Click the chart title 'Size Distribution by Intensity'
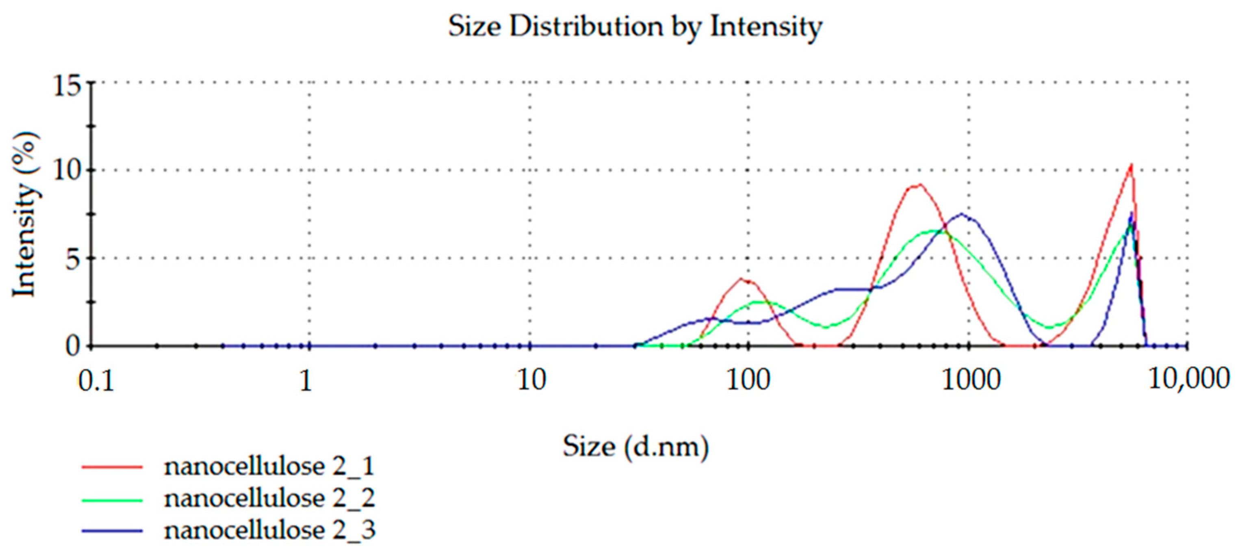(x=635, y=27)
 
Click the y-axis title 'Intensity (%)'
(x=25, y=215)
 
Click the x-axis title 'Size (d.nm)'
(x=635, y=447)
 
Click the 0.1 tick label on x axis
(x=96, y=382)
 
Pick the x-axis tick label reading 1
(x=306, y=381)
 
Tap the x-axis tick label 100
(x=748, y=381)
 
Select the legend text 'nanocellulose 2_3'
(x=269, y=531)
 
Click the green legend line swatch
(x=112, y=500)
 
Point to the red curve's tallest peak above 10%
(x=1131, y=166)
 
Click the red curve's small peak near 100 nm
(x=741, y=279)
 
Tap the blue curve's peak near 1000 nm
(x=962, y=215)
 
